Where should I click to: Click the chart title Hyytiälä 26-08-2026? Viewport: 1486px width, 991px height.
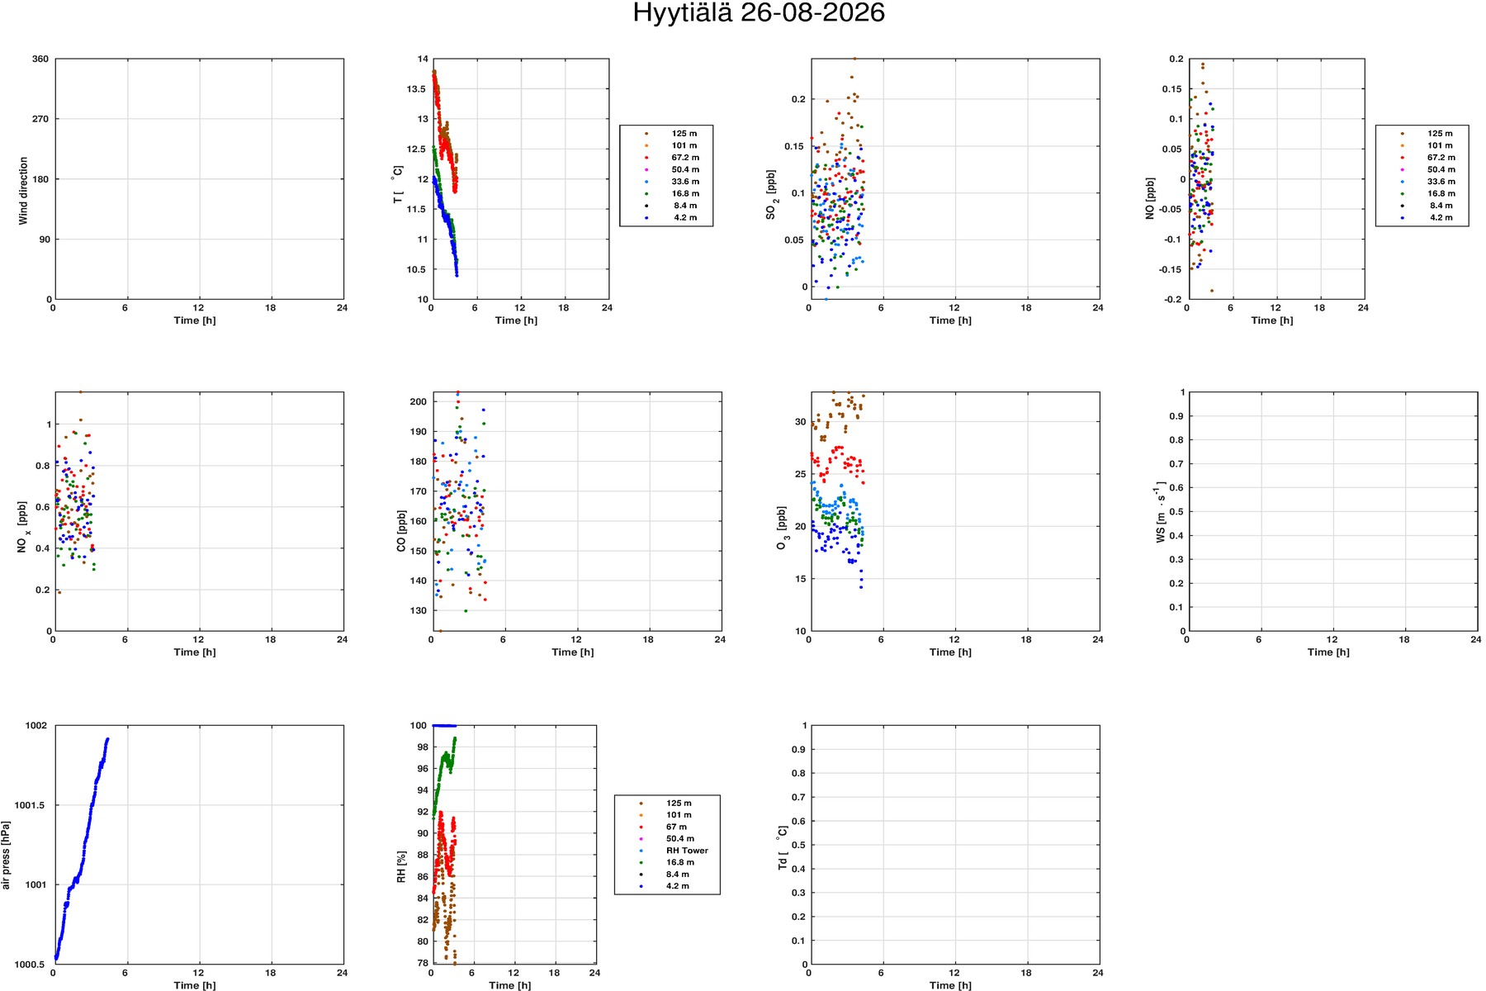(x=759, y=13)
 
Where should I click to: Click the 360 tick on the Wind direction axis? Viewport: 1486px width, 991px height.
(x=40, y=59)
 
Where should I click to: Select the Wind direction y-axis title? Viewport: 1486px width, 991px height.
(x=23, y=191)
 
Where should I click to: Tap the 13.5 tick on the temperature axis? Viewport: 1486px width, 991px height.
(x=418, y=89)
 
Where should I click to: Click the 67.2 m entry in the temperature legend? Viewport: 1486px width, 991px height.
(x=685, y=158)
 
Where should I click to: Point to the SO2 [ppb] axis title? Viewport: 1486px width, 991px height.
(x=772, y=195)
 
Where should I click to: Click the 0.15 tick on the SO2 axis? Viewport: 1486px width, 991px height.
(x=793, y=147)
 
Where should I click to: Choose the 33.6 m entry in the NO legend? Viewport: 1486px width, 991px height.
(x=1441, y=182)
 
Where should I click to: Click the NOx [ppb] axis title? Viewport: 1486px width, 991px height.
(x=23, y=527)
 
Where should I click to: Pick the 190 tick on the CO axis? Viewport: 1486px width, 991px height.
(x=419, y=432)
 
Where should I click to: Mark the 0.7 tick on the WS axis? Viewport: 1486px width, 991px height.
(x=1178, y=464)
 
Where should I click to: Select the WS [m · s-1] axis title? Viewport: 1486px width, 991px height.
(x=1161, y=513)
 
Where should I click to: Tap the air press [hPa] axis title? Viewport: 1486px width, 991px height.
(x=6, y=856)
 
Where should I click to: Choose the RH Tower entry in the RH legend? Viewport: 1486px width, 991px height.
(x=687, y=851)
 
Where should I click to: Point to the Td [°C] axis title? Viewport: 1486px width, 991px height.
(x=782, y=847)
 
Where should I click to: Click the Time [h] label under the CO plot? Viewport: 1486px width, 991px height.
(x=573, y=652)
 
